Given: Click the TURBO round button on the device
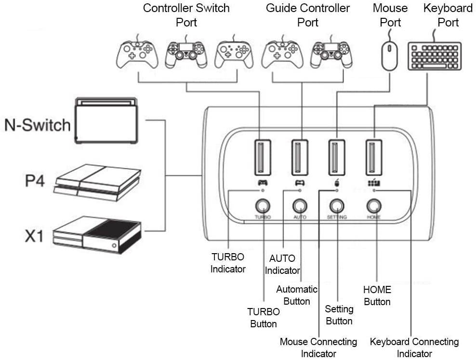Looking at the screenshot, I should pos(262,206).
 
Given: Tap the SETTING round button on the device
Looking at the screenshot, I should pos(337,206).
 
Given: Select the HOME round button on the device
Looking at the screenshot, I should pos(374,206).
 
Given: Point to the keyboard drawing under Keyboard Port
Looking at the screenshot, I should pos(434,56).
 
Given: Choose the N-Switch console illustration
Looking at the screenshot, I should pos(106,120).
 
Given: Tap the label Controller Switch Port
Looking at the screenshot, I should pos(186,15).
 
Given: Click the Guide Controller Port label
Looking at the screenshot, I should pos(308,15).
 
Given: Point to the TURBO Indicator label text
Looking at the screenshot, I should pos(228,263).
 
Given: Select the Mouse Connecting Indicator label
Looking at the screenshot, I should pos(318,347).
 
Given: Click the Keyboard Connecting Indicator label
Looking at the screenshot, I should pos(414,347).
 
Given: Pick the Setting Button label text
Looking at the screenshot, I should pos(339,314).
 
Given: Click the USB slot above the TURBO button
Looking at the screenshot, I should pos(262,157).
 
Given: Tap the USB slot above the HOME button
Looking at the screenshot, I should pos(374,157).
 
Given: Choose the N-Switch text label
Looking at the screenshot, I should pos(38,126).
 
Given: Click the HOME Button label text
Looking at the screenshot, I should pos(377,296).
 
